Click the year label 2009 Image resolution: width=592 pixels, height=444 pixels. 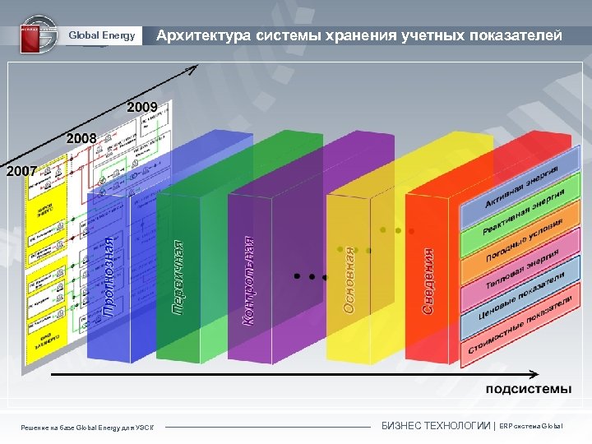pyautogui.click(x=141, y=106)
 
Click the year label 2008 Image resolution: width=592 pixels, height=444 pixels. pyautogui.click(x=81, y=138)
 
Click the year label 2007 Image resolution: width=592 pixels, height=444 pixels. pyautogui.click(x=21, y=171)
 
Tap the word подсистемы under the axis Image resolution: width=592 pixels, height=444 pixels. pyautogui.click(x=528, y=388)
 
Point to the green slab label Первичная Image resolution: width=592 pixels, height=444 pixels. pyautogui.click(x=178, y=276)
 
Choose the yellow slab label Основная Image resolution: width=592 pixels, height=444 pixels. pyautogui.click(x=349, y=280)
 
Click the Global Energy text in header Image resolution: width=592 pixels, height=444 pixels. pyautogui.click(x=101, y=35)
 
